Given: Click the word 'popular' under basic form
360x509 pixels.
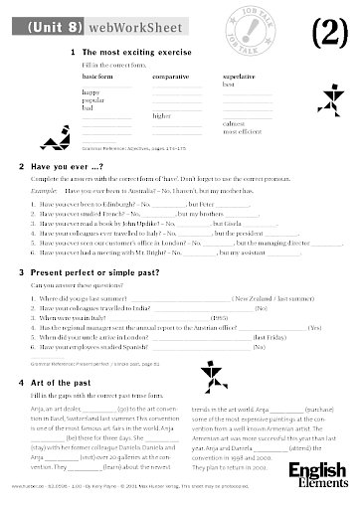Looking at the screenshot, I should (x=94, y=100).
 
